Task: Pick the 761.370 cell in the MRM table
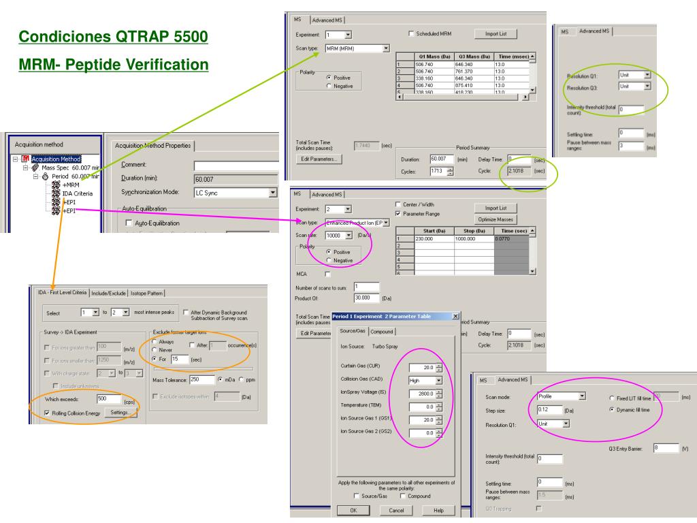point(474,72)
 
